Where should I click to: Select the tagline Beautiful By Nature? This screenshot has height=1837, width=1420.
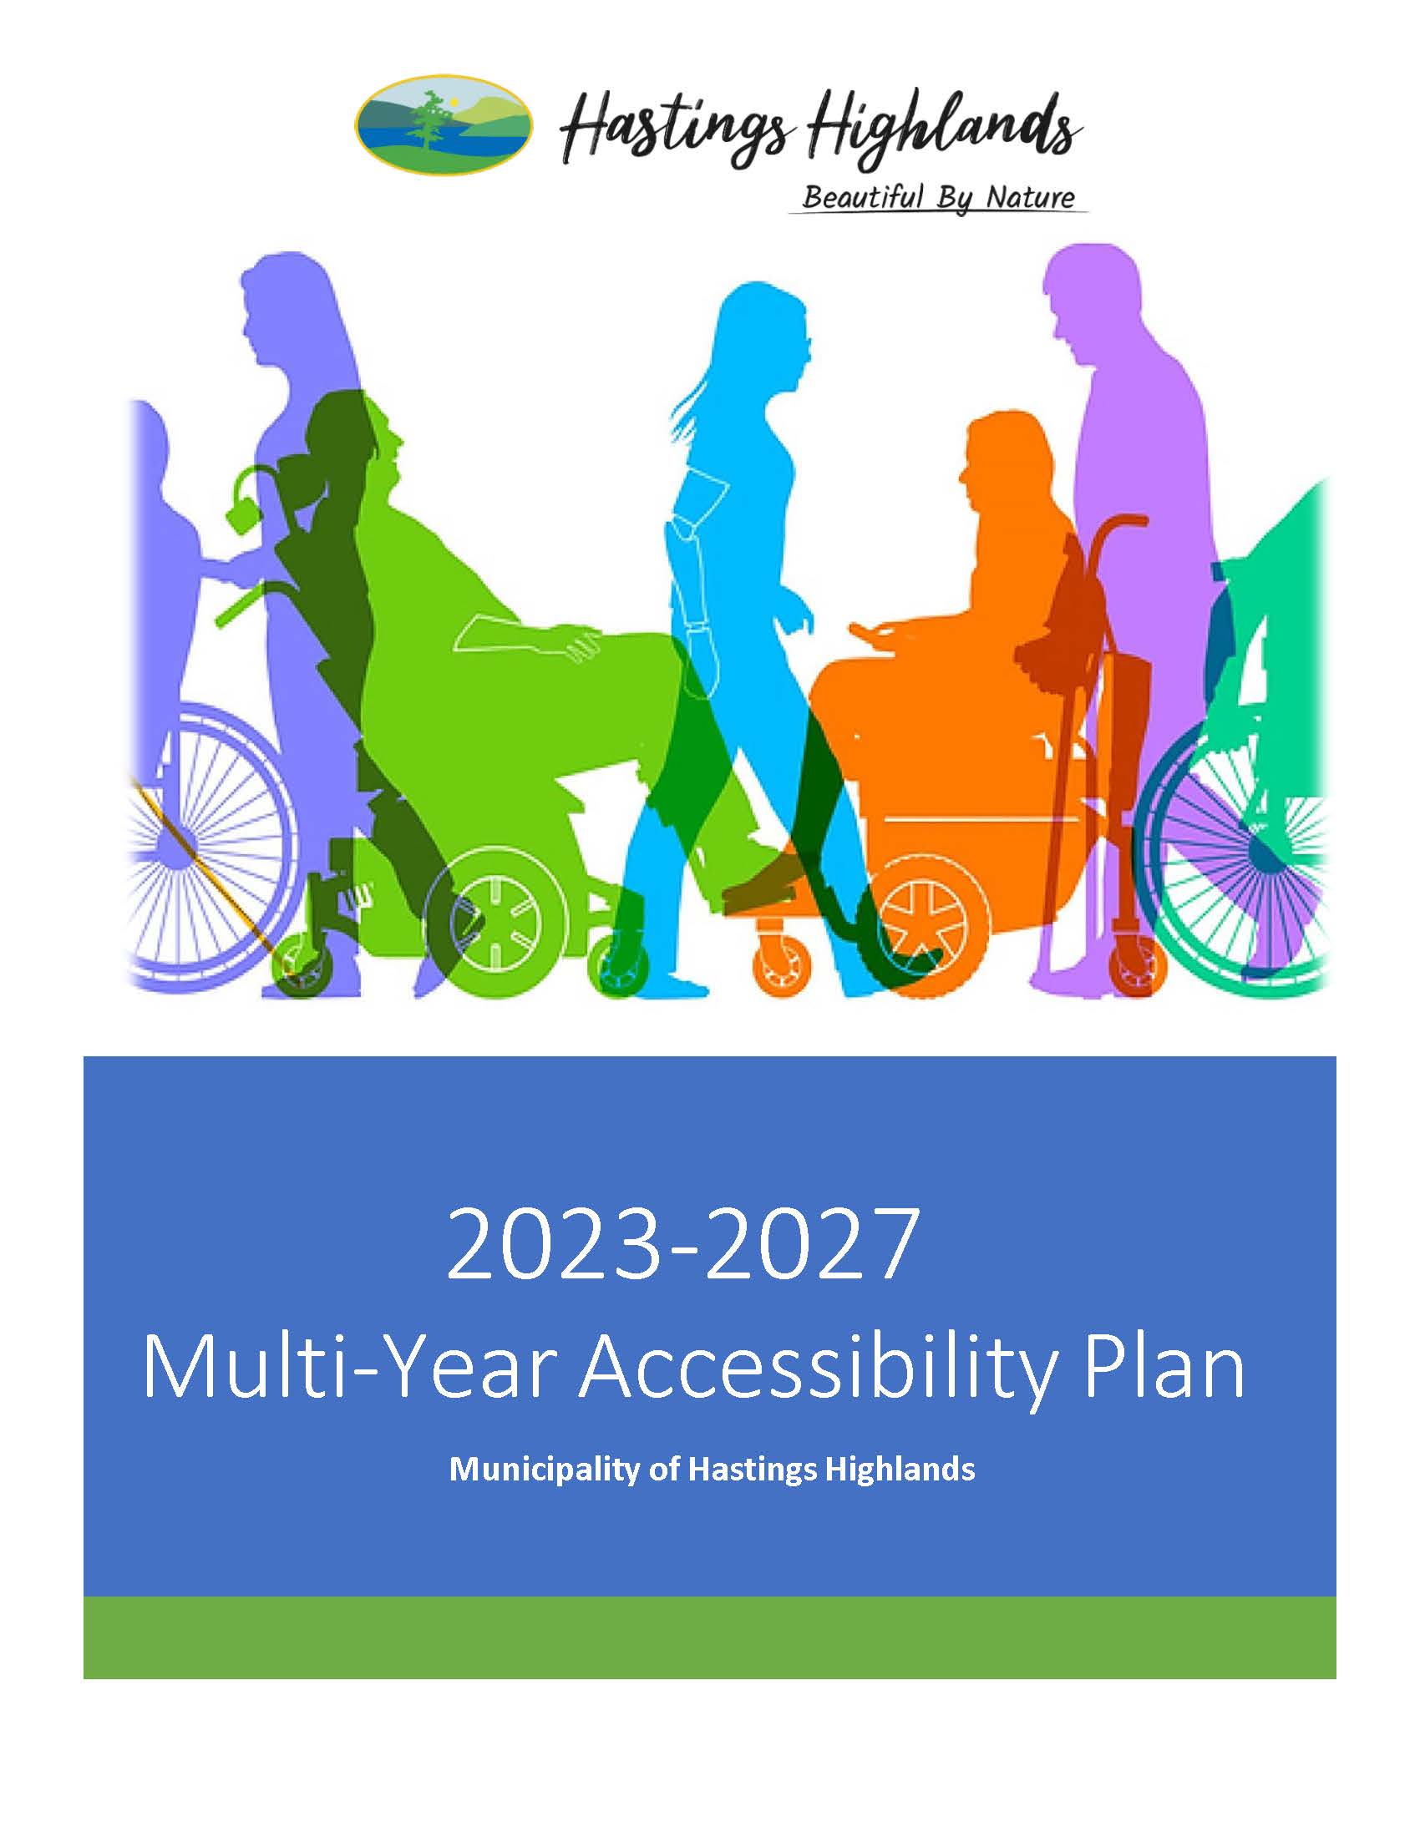click(x=938, y=198)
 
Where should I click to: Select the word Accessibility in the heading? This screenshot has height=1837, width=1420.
click(x=817, y=1365)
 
